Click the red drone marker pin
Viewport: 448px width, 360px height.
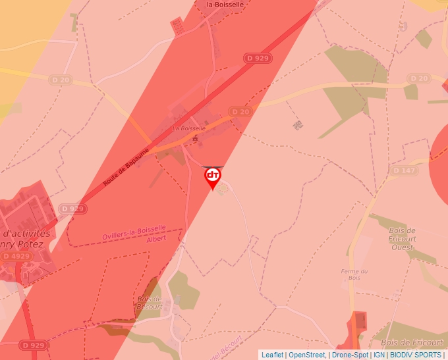213,177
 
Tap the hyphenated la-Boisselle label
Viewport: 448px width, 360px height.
225,4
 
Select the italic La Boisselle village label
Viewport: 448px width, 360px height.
188,128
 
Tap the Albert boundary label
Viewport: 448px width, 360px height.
157,239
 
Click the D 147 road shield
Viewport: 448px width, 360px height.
404,170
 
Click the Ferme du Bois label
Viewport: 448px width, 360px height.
354,274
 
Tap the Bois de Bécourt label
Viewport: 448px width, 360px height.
150,303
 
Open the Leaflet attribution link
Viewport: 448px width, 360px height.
272,355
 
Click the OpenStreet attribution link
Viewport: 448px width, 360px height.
307,355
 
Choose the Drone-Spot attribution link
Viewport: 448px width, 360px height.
350,355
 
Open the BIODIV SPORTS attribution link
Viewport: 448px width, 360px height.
415,355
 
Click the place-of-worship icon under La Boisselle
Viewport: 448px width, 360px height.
194,139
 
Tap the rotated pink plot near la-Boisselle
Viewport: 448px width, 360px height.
177,26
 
